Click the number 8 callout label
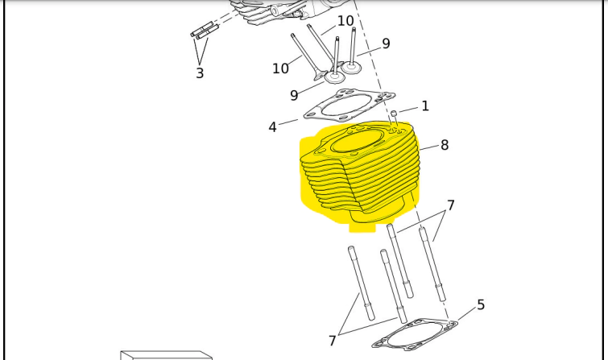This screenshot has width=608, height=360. click(x=445, y=145)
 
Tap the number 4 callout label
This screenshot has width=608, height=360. click(x=272, y=127)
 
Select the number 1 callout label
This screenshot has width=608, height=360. click(x=425, y=106)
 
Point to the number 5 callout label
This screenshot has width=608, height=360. click(x=481, y=305)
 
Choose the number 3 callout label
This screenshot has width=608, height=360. click(x=200, y=73)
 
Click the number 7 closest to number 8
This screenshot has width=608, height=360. click(x=451, y=205)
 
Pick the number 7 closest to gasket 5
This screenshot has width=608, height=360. click(x=333, y=341)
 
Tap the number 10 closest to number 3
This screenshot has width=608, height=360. click(x=280, y=68)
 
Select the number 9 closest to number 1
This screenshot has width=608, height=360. click(x=386, y=43)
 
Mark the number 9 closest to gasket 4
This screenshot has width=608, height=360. click(x=294, y=95)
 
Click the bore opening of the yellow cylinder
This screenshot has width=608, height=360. click(x=358, y=142)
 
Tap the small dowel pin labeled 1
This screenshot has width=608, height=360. click(x=394, y=114)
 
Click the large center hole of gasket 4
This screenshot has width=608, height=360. click(x=346, y=106)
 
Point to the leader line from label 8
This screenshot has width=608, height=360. click(x=429, y=148)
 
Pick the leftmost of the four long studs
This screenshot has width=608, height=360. click(x=361, y=283)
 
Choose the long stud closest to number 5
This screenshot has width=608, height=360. click(x=432, y=264)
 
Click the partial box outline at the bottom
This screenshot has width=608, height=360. click(x=167, y=355)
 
